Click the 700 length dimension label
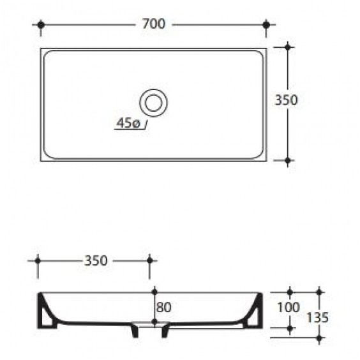tap(154, 24)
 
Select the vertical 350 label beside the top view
tap(286, 100)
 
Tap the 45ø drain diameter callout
tap(128, 123)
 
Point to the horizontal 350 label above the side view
tap(95, 260)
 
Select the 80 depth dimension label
tap(163, 307)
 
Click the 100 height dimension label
tap(289, 307)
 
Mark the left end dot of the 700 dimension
tap(41, 24)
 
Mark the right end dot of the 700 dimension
tap(266, 24)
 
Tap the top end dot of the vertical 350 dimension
tap(288, 47)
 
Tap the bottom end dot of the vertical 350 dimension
tap(288, 161)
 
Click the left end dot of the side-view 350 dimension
tap(38, 260)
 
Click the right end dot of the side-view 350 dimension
tap(150, 260)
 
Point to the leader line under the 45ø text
tap(131, 129)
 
